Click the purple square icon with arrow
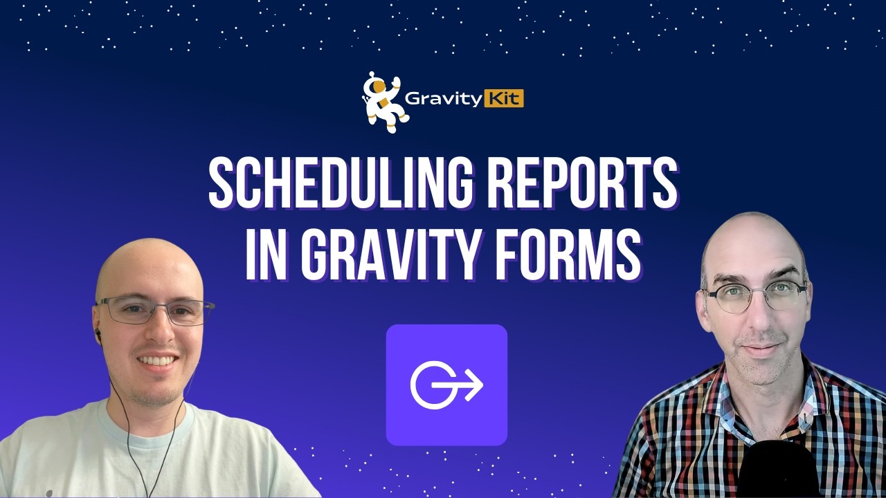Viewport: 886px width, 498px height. click(x=446, y=385)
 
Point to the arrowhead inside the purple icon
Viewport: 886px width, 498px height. click(x=473, y=385)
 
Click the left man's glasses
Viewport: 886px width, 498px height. click(x=154, y=311)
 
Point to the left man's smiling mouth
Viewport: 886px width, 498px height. click(x=157, y=360)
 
